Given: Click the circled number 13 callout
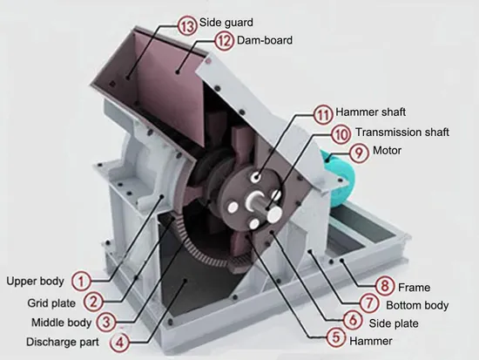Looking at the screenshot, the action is (187, 25).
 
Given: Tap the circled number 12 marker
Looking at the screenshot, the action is (225, 41).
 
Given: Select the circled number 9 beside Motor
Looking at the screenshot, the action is (359, 153).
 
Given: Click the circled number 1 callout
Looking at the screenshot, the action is (81, 281).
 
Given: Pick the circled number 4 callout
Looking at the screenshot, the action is (120, 342).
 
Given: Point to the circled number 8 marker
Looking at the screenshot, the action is (385, 286).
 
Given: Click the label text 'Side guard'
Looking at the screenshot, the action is (226, 23).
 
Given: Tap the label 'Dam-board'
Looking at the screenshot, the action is (265, 40).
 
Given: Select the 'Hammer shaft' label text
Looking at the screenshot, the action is (370, 112).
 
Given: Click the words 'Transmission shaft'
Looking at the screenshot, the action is (402, 132).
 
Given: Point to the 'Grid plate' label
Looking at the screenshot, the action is (51, 303).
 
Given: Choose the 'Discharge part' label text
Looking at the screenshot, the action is (63, 342).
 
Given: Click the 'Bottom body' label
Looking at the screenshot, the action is (417, 305).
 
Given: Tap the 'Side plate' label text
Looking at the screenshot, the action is (394, 323).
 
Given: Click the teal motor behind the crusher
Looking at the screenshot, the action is (339, 179).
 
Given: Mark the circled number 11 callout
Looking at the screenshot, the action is (323, 115).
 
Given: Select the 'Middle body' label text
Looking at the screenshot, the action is (62, 323).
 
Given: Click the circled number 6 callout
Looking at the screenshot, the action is (353, 320).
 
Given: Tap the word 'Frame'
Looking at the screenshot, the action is (415, 288).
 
